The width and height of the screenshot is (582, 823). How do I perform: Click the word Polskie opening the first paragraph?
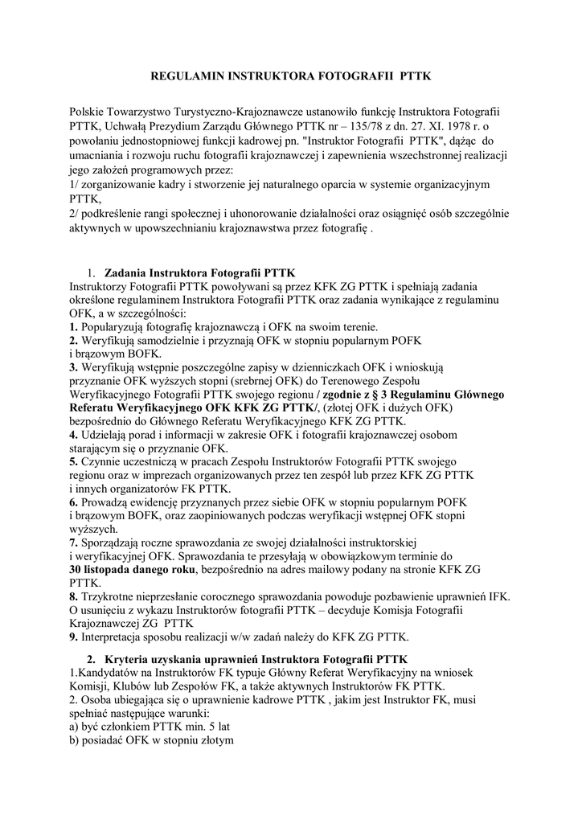click(x=89, y=109)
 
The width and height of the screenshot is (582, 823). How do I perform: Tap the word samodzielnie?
click(x=166, y=340)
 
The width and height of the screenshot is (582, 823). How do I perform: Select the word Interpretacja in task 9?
click(x=117, y=637)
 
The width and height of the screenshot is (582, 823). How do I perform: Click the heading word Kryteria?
click(x=129, y=659)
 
